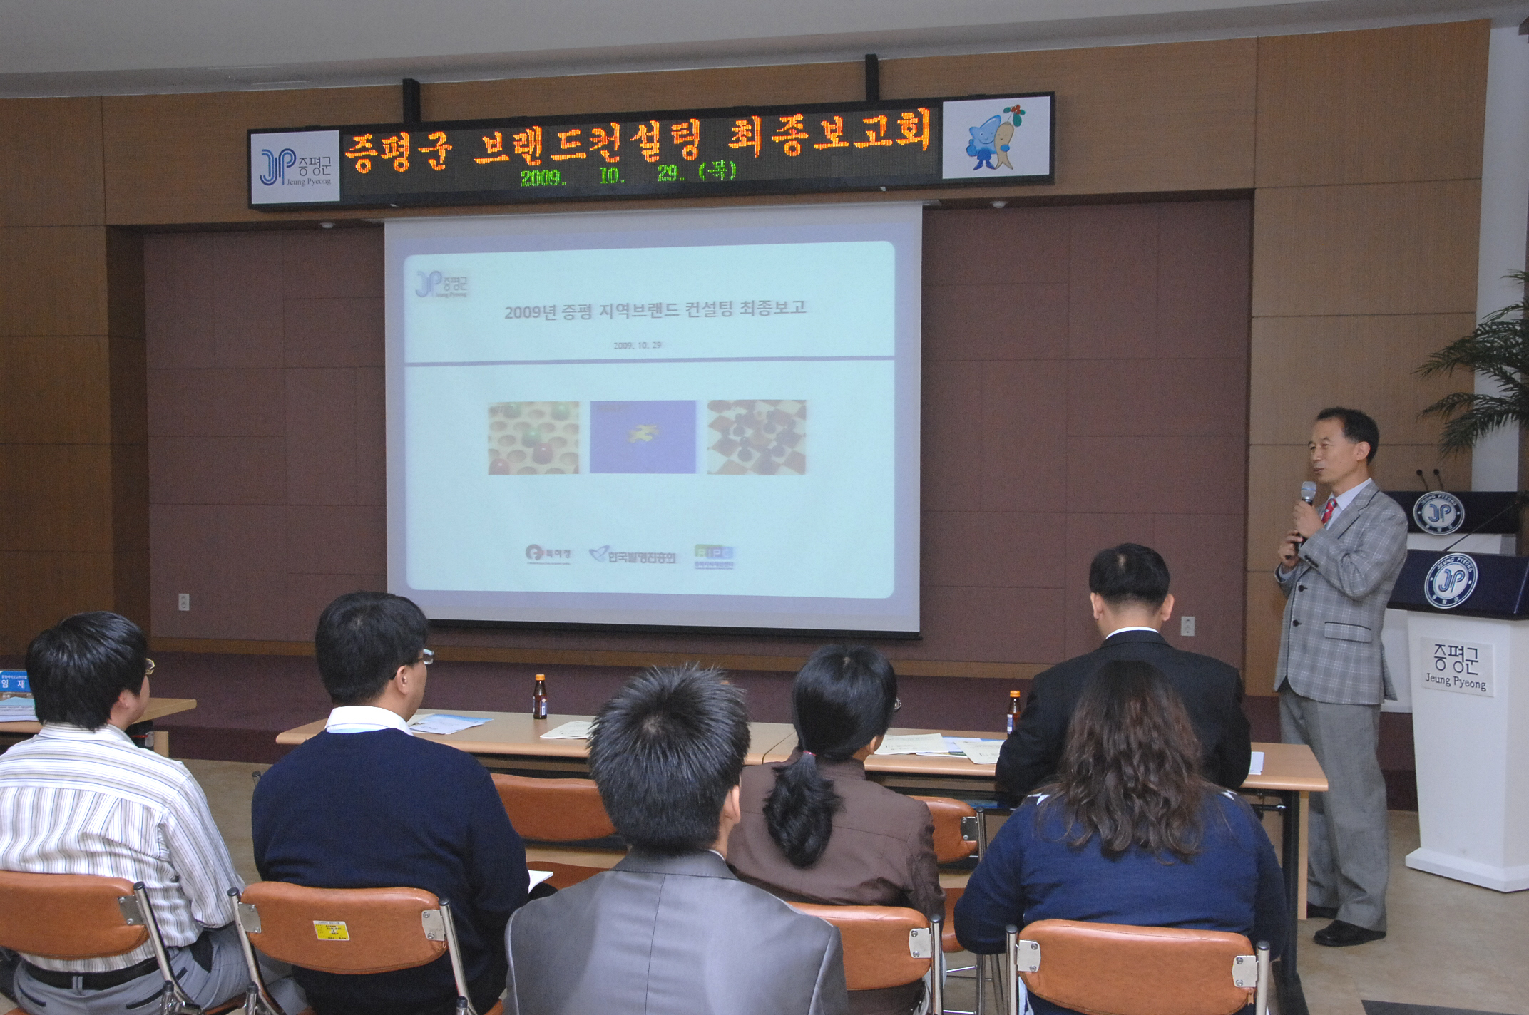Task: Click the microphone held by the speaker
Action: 1307,495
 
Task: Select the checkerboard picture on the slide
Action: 756,436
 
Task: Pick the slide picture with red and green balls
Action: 533,437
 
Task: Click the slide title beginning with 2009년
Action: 655,309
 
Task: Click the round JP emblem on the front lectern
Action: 1450,581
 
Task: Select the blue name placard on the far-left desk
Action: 14,684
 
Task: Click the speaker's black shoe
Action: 1347,932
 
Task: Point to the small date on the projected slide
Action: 637,345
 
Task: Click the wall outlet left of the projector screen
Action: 183,601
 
